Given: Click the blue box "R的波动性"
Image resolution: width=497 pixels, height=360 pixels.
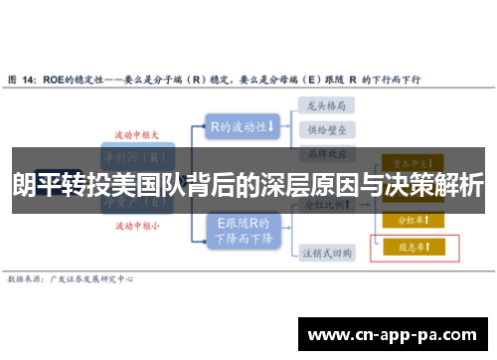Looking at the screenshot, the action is (x=243, y=126).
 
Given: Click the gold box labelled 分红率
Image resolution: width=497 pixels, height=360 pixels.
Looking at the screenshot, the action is (x=408, y=220).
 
